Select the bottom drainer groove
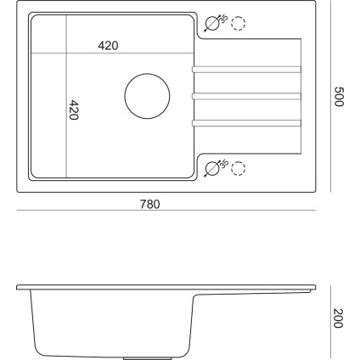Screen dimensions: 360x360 pos(246,125)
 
